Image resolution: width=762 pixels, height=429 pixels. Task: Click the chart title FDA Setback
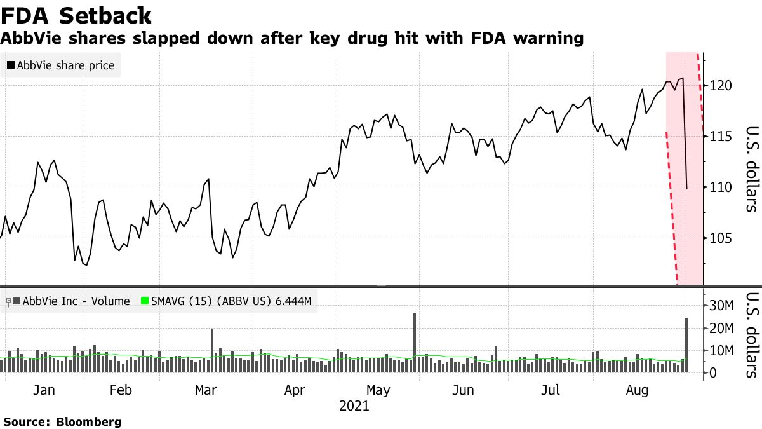coord(76,15)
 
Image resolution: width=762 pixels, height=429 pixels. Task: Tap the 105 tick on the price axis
coord(723,238)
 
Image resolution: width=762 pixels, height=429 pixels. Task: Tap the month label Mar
coord(206,390)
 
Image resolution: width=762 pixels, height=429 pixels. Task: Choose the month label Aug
coord(637,390)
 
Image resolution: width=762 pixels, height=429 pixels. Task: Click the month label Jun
coord(464,390)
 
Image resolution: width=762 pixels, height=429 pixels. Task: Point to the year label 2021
coord(354,405)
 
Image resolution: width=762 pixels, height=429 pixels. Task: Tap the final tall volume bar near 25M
coord(686,346)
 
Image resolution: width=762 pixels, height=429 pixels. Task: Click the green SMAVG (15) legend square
coord(144,301)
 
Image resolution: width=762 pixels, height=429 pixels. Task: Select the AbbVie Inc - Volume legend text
coord(76,301)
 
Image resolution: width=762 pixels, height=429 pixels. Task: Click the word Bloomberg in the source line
coord(89,421)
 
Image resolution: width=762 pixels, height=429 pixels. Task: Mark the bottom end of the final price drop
coord(687,188)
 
